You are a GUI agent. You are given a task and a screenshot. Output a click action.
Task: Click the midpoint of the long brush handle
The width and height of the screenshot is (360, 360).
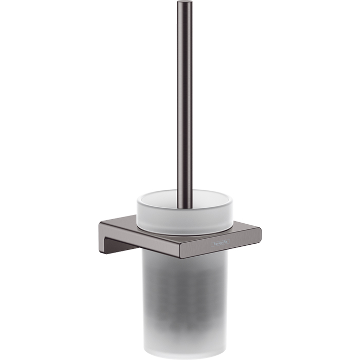(185, 103)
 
